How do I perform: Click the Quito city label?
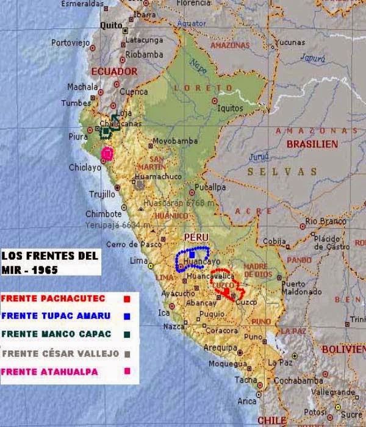pyautogui.click(x=112, y=25)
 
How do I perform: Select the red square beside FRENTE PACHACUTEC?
pyautogui.click(x=126, y=299)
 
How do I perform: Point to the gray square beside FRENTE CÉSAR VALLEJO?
pyautogui.click(x=126, y=353)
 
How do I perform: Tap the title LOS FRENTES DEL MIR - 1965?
pyautogui.click(x=49, y=261)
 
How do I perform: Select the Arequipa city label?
pyautogui.click(x=218, y=348)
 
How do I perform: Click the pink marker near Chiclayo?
pyautogui.click(x=108, y=153)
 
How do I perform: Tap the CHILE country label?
pyautogui.click(x=272, y=420)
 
